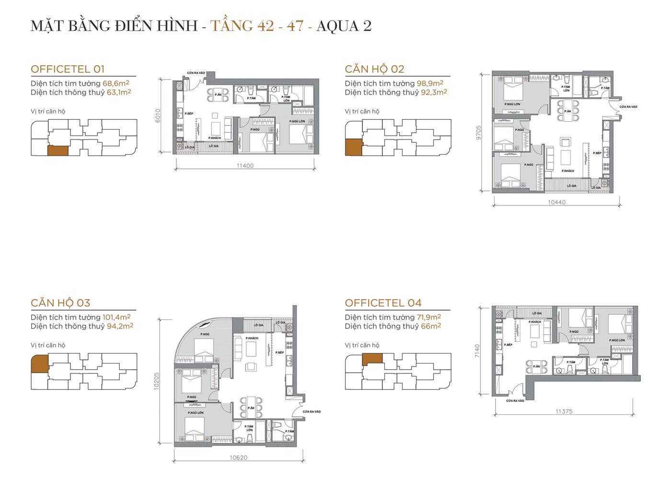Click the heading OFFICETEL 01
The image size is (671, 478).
(x=68, y=69)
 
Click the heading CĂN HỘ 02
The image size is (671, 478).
(x=374, y=69)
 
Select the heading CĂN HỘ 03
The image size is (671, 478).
(x=60, y=303)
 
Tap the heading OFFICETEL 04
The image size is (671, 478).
(x=383, y=303)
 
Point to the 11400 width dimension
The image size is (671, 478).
(x=245, y=166)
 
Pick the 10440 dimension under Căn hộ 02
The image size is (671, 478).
(x=556, y=202)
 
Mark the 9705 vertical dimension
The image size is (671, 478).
(x=485, y=132)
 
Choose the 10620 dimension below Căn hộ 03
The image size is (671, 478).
(x=238, y=457)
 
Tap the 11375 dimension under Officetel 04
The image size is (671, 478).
(x=564, y=411)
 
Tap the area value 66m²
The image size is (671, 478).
(x=431, y=326)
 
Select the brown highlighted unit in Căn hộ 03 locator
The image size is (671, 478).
(x=39, y=364)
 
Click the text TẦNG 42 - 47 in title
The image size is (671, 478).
(x=257, y=25)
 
